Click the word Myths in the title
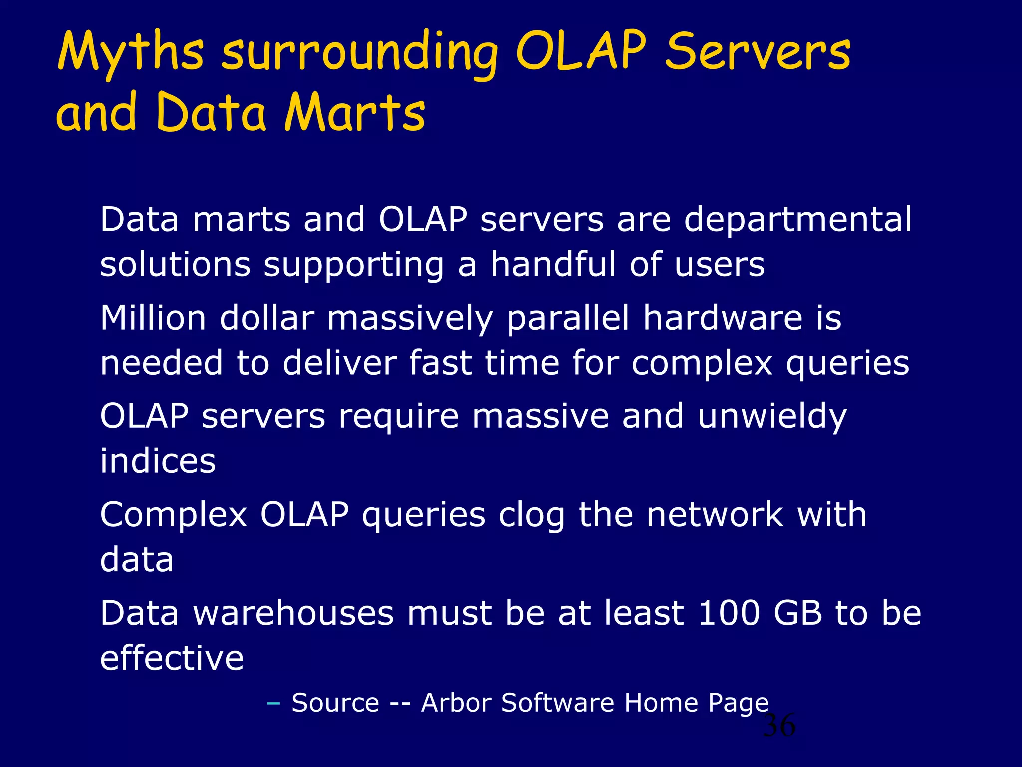click(x=131, y=53)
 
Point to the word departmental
click(x=797, y=220)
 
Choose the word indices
click(x=158, y=460)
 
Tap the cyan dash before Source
click(x=273, y=704)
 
